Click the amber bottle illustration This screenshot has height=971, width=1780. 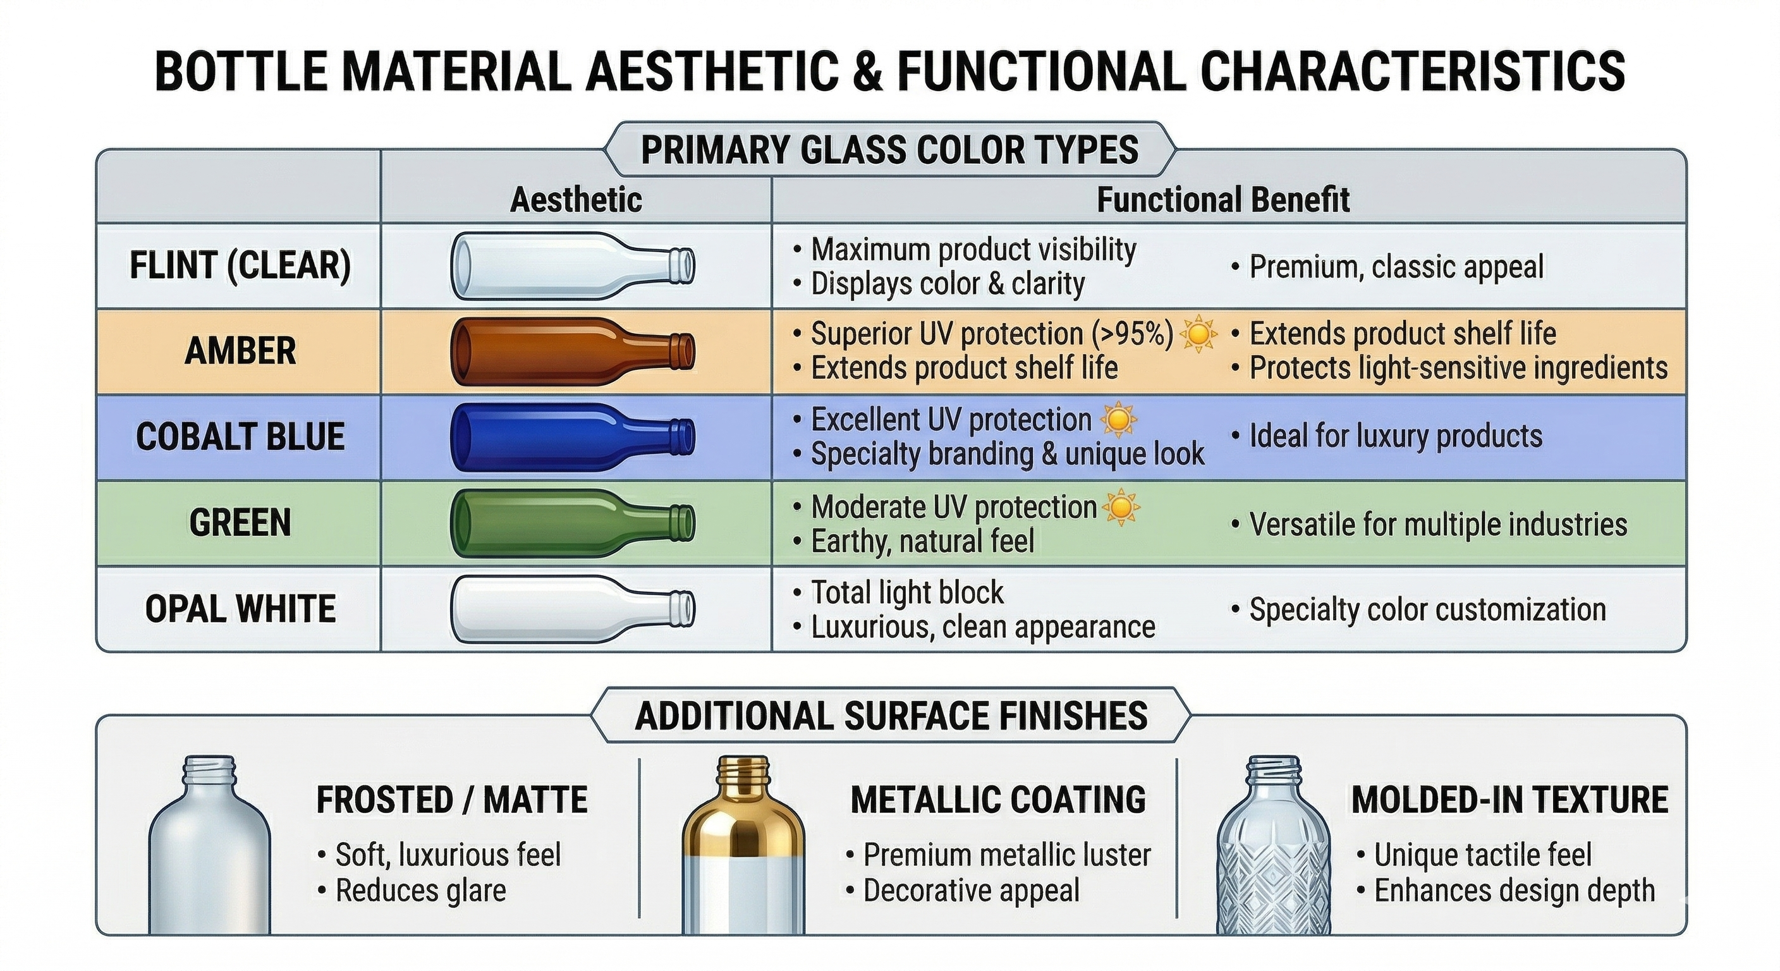click(x=572, y=351)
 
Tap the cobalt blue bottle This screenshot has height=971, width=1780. click(x=572, y=437)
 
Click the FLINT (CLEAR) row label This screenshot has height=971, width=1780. click(x=240, y=266)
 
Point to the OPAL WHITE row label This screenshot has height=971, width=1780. click(x=240, y=609)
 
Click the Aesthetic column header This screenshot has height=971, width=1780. click(x=576, y=200)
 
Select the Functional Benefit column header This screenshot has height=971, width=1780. click(x=1223, y=200)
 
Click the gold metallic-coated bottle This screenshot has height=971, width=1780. click(x=743, y=846)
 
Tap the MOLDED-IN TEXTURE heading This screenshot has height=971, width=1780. click(x=1509, y=800)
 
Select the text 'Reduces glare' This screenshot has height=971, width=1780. click(x=420, y=891)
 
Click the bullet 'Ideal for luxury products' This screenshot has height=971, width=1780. click(x=1395, y=436)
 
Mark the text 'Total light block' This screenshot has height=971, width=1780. click(x=906, y=592)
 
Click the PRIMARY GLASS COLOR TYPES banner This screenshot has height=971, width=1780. click(x=889, y=150)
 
